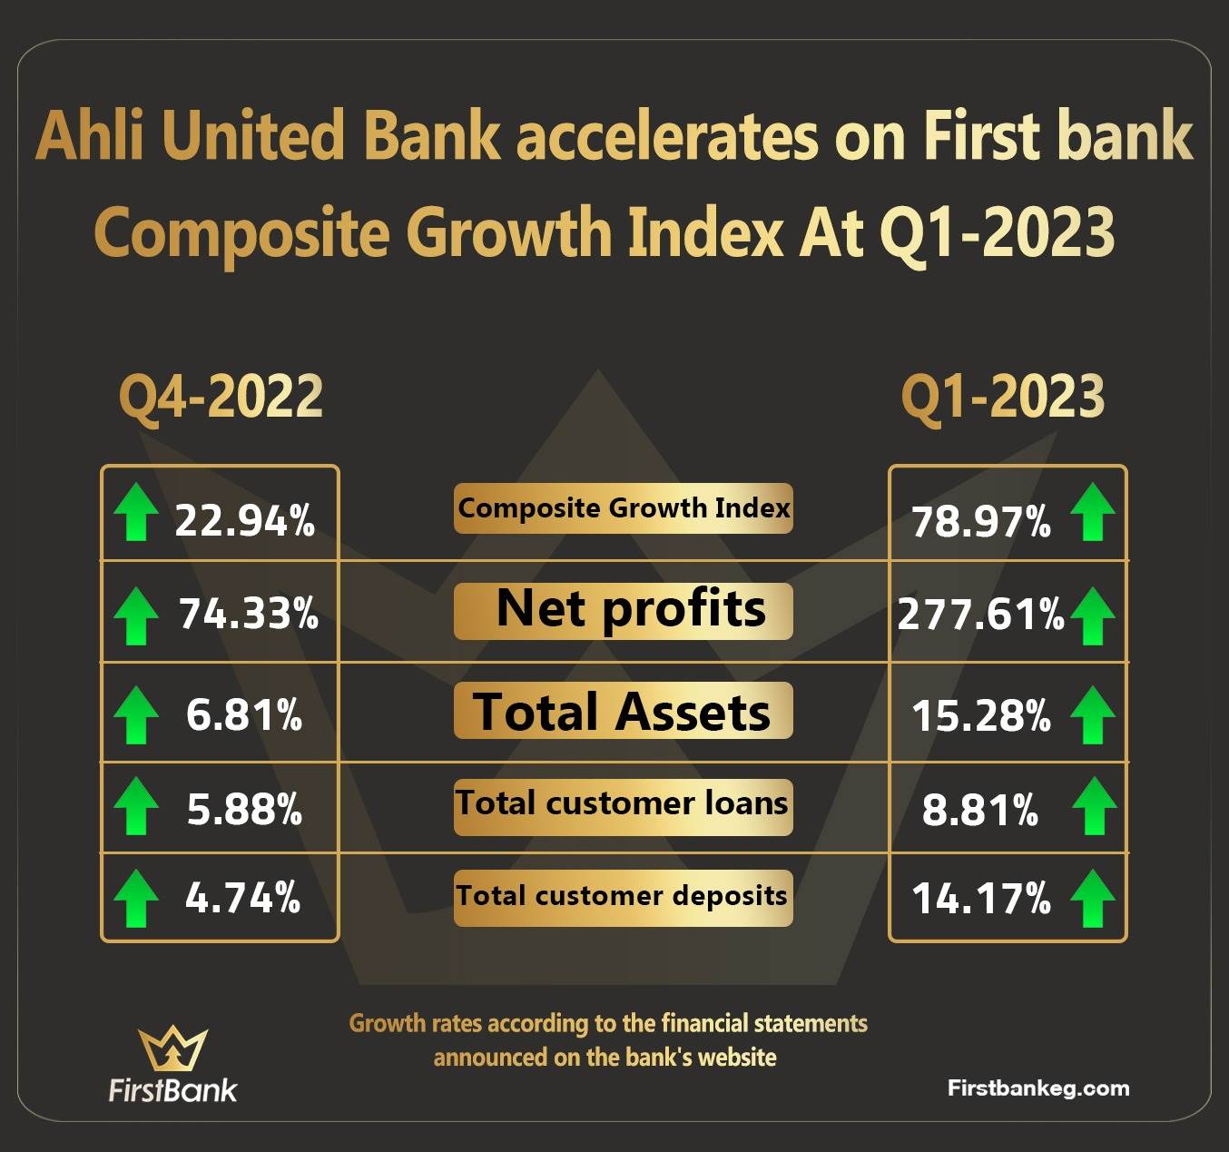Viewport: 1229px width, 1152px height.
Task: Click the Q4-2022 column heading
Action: coord(221,397)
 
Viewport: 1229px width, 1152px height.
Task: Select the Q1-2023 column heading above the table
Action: coord(1002,397)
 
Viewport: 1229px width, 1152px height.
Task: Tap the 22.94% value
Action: coord(245,520)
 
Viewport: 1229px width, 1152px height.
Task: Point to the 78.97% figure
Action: coord(981,522)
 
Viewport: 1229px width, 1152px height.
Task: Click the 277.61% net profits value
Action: coord(980,615)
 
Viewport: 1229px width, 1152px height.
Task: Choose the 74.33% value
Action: coord(249,614)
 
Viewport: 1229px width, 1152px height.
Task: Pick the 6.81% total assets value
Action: coord(244,714)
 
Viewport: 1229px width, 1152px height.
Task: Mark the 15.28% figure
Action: coord(981,715)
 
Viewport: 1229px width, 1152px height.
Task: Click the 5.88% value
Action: coord(245,809)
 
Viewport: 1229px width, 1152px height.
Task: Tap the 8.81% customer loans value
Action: coord(979,810)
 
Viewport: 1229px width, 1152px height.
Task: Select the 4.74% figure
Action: coord(243,898)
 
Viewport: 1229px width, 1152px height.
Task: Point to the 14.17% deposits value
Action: coord(981,899)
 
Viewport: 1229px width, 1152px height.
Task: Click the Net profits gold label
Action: coord(624,612)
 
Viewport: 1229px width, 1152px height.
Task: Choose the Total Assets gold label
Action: coord(624,710)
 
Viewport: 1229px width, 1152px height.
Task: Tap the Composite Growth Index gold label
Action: coord(624,508)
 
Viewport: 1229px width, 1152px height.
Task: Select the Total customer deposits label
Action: coord(624,898)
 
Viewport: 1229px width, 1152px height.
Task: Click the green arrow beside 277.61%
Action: coord(1092,616)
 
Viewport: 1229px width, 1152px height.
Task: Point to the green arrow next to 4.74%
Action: coord(136,899)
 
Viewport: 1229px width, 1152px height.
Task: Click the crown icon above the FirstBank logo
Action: coord(172,1049)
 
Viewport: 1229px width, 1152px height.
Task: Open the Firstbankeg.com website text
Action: coord(1038,1088)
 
